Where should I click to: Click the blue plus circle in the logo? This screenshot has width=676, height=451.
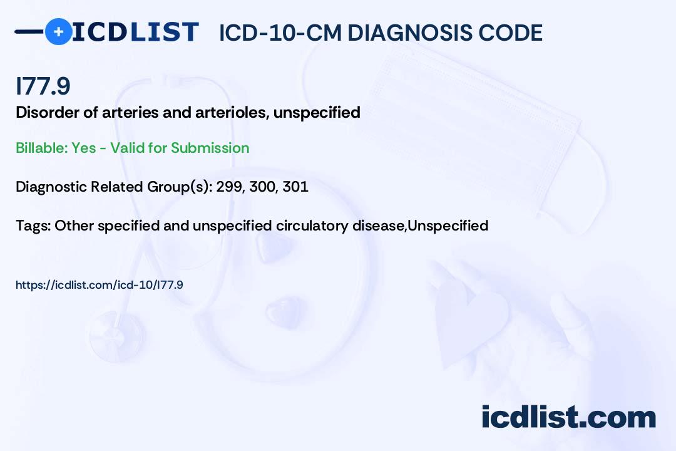(x=58, y=32)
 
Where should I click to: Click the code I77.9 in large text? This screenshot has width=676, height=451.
(x=43, y=86)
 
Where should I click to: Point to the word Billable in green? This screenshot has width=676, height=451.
(x=42, y=148)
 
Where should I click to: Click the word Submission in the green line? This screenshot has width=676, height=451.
(x=210, y=148)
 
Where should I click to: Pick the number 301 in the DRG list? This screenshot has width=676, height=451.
(x=295, y=187)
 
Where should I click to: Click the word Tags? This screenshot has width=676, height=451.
(x=33, y=225)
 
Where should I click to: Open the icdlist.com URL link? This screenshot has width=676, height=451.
(x=99, y=285)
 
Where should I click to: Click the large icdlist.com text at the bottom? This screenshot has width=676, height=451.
(x=568, y=417)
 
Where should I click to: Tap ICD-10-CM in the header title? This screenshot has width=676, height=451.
(x=280, y=33)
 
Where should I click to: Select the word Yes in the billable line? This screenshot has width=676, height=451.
(x=84, y=148)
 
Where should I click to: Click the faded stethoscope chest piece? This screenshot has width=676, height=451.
(x=116, y=336)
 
